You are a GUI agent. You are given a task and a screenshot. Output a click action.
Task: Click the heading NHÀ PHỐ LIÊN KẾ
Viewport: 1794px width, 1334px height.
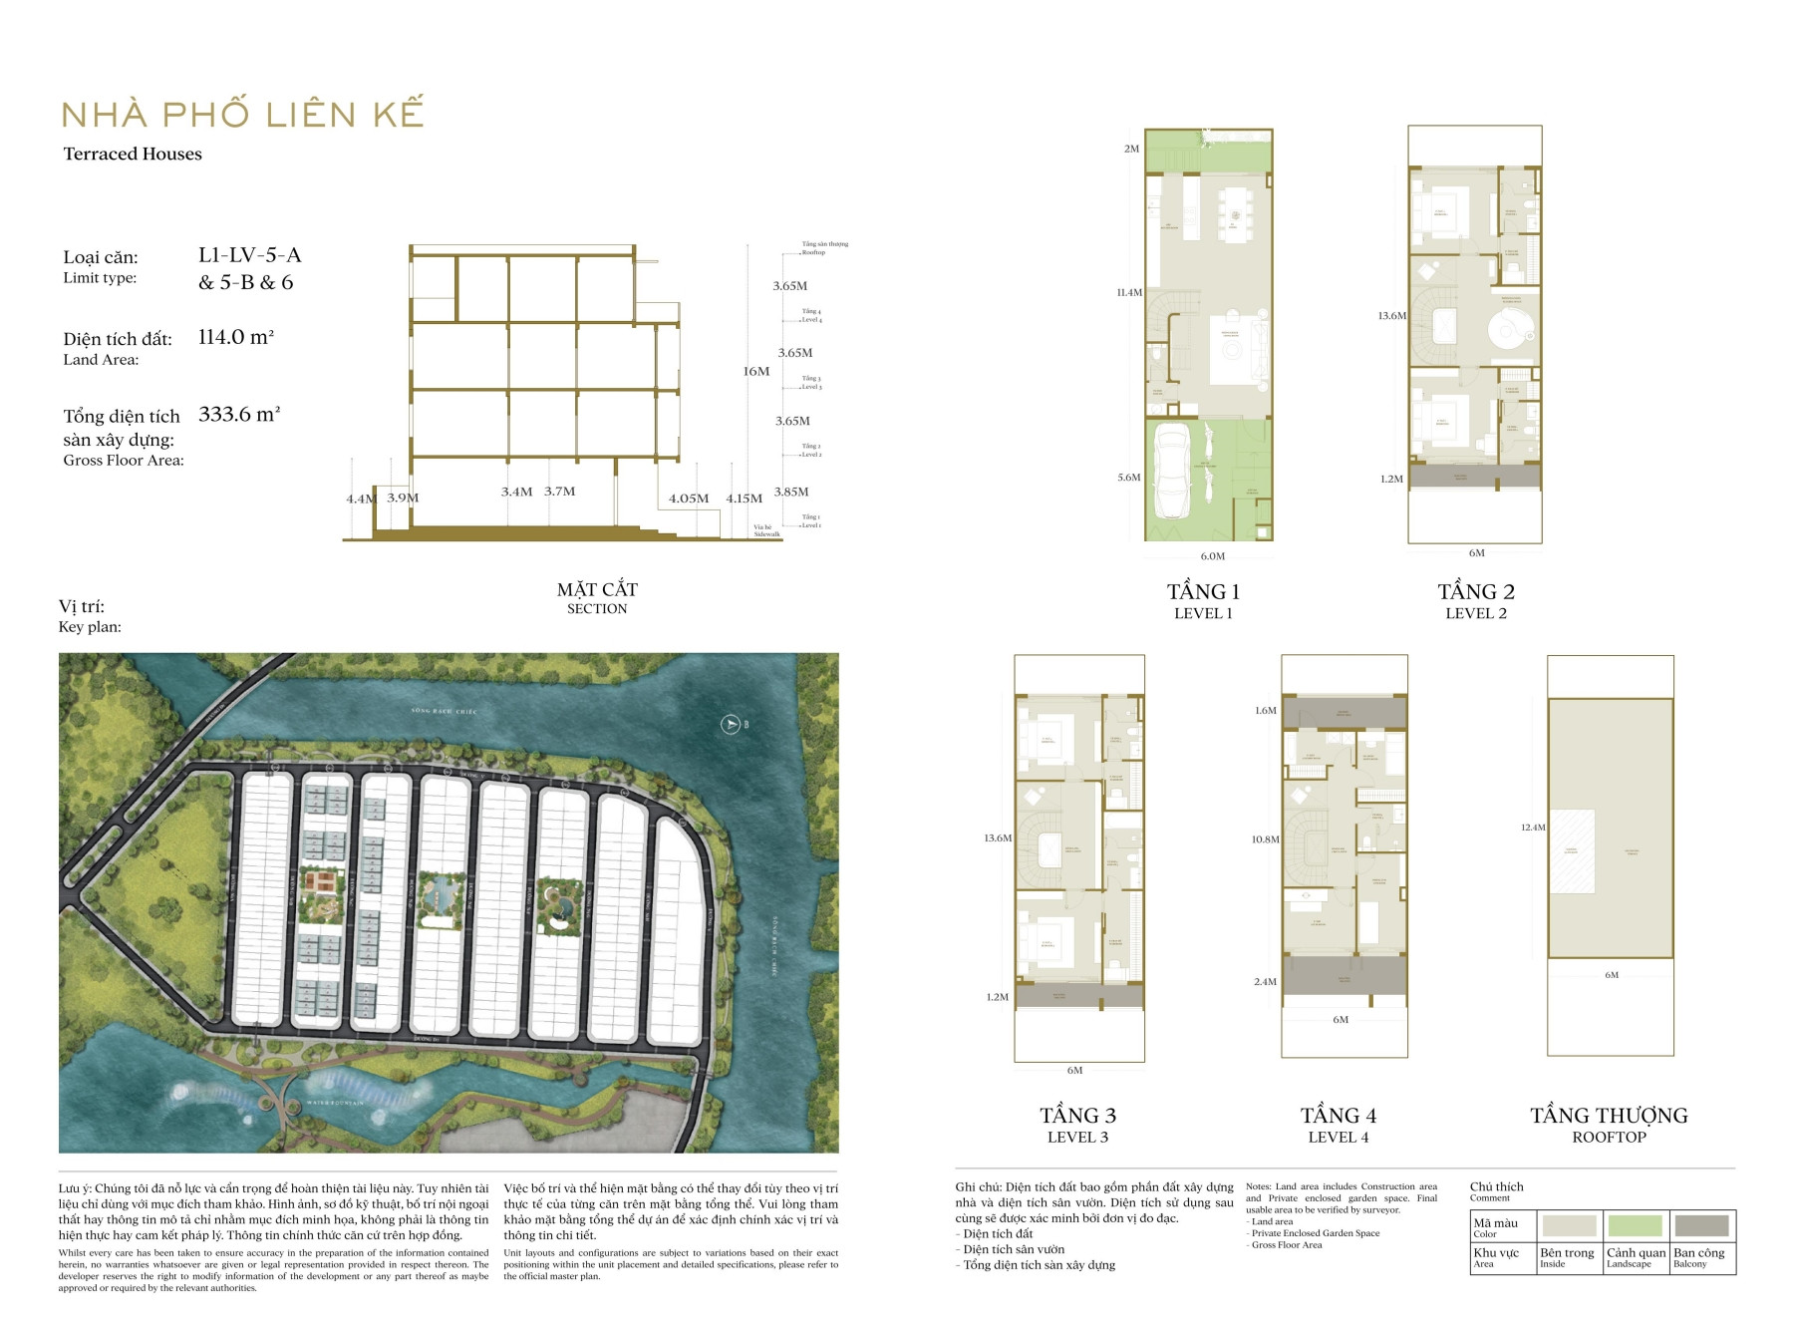pos(242,114)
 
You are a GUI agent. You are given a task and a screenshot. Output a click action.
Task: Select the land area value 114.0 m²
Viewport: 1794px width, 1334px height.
pos(236,337)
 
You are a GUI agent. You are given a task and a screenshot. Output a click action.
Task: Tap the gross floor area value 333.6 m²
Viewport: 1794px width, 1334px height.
pos(239,414)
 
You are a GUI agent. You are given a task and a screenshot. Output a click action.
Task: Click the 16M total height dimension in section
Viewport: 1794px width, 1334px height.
pos(756,371)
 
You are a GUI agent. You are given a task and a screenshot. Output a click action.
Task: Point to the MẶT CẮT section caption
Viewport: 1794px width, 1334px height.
pos(597,590)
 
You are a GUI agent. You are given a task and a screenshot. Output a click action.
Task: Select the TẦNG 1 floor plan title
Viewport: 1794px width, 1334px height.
pos(1203,592)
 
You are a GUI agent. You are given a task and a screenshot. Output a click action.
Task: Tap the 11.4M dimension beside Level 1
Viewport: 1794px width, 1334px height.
pos(1129,293)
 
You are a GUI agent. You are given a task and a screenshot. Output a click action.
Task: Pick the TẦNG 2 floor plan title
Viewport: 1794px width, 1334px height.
pos(1476,592)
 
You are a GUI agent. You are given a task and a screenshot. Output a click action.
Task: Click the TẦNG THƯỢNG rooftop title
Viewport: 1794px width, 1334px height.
pos(1609,1116)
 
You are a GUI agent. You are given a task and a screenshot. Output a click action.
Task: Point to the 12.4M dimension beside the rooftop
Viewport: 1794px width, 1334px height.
pos(1533,828)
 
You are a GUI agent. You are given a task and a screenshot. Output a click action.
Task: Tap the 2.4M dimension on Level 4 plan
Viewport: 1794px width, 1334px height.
pos(1265,982)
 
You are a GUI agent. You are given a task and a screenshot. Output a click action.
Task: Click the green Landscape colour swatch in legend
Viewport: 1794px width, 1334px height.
pos(1635,1225)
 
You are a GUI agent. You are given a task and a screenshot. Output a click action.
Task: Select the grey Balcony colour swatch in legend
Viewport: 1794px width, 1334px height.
pos(1701,1225)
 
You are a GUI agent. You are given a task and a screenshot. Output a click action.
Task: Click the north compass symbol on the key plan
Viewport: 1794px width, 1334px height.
pos(731,724)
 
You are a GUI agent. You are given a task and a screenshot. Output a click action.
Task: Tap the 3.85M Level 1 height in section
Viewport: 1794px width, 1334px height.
pos(791,492)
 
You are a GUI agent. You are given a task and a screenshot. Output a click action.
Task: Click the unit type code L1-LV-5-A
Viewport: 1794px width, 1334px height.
pos(249,255)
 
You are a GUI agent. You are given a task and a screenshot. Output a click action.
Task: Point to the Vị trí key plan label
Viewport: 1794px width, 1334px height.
pos(82,606)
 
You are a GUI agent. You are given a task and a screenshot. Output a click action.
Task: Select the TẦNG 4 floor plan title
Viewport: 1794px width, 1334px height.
pos(1339,1116)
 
